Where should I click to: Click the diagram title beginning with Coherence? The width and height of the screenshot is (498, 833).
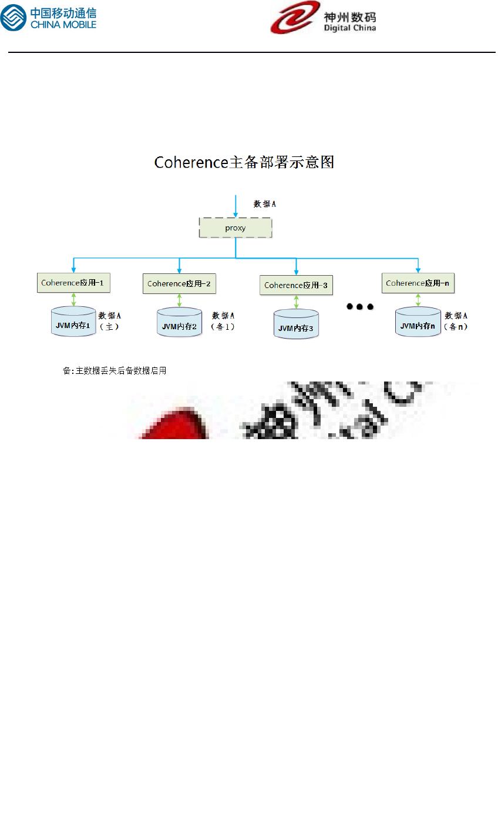point(244,162)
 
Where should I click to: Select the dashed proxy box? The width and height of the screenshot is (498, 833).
point(235,228)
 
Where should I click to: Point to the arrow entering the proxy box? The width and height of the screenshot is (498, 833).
point(235,206)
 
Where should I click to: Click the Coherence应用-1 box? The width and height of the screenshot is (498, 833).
point(73,283)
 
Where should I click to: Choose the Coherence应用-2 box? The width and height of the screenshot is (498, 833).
point(179,284)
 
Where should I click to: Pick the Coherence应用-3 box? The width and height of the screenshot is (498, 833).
point(296,285)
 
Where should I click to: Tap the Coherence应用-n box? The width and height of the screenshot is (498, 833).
point(418,283)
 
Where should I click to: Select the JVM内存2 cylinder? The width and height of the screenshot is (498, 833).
point(179,323)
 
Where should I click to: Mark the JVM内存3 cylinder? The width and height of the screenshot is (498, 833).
point(296,324)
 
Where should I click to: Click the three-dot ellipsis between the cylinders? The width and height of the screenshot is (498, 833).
point(360,307)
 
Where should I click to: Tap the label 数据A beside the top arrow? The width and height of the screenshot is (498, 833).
point(265,204)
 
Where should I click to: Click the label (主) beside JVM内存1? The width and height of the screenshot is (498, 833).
point(109,327)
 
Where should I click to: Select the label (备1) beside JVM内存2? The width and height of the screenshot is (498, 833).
point(223,327)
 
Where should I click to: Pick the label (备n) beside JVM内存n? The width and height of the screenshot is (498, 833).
point(456,327)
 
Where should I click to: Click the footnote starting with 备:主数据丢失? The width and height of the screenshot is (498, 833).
point(115,371)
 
